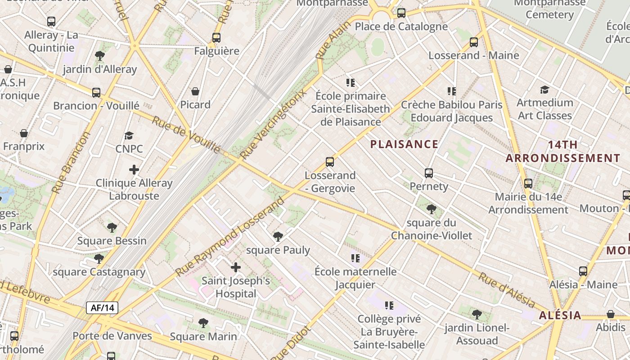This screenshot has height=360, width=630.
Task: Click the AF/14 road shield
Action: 102,308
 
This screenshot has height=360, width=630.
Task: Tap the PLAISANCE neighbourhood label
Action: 404,144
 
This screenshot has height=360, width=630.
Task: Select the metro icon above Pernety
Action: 429,173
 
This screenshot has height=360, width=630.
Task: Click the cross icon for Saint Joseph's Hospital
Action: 235,268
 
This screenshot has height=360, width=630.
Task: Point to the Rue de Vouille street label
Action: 186,135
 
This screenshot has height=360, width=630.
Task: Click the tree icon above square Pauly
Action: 278,236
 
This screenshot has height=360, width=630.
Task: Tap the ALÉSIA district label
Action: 560,315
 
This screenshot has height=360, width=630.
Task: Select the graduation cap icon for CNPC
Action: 129,136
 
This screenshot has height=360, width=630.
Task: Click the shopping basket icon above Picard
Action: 195,91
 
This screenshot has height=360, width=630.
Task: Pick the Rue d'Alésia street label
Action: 506,290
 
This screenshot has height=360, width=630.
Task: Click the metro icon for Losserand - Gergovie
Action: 330,162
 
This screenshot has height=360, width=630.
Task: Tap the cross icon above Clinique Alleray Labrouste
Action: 134,170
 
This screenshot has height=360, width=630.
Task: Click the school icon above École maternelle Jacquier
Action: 355,258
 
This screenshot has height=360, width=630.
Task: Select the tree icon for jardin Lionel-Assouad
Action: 477,314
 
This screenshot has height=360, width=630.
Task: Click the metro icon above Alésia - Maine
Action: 583,271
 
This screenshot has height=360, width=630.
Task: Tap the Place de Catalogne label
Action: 401,27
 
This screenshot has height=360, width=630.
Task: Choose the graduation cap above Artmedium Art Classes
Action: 544,90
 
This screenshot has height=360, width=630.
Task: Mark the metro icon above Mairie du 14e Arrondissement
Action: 528,184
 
